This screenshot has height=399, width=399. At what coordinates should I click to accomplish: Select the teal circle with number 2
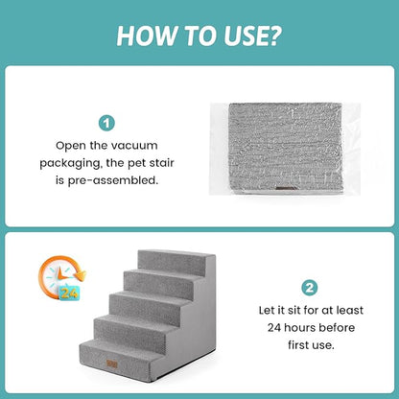[x=309, y=287]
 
